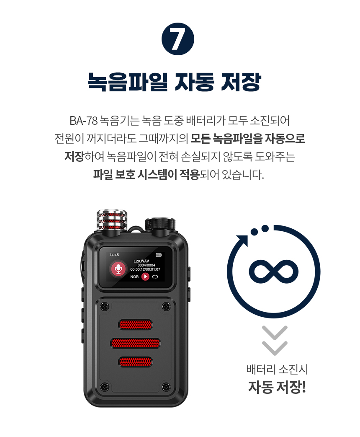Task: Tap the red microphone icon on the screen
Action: point(118,269)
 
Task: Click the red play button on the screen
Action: point(145,277)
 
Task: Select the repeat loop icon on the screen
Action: point(155,277)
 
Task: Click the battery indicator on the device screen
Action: point(158,255)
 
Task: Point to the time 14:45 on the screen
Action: point(114,255)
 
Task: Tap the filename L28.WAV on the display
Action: point(141,261)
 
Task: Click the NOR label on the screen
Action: point(134,277)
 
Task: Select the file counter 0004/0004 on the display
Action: point(146,265)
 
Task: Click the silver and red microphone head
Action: point(112,220)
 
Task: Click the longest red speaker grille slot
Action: point(135,343)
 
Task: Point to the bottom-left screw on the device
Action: point(105,385)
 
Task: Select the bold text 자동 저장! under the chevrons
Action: point(277,386)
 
